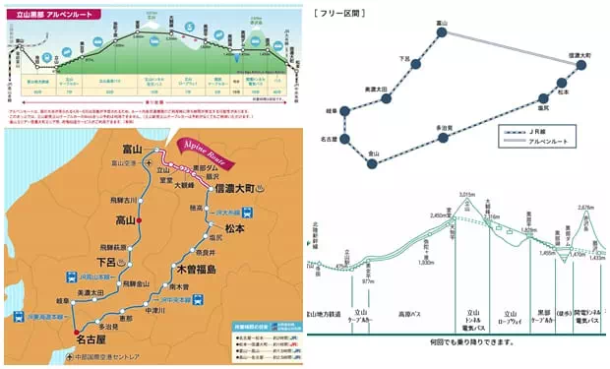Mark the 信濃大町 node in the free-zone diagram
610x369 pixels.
580,65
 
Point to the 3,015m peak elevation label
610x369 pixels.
467,195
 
